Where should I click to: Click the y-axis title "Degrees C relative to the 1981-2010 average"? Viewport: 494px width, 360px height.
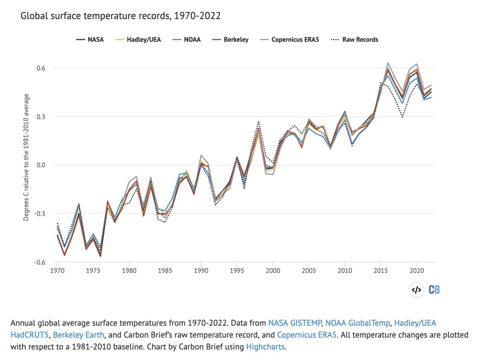(x=26, y=157)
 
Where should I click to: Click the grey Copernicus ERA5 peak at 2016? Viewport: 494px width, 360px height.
(x=388, y=63)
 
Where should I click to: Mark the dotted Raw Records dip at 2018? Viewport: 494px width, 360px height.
(x=402, y=117)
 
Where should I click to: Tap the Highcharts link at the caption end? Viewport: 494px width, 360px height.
(x=265, y=347)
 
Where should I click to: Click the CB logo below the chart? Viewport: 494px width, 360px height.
(x=434, y=290)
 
